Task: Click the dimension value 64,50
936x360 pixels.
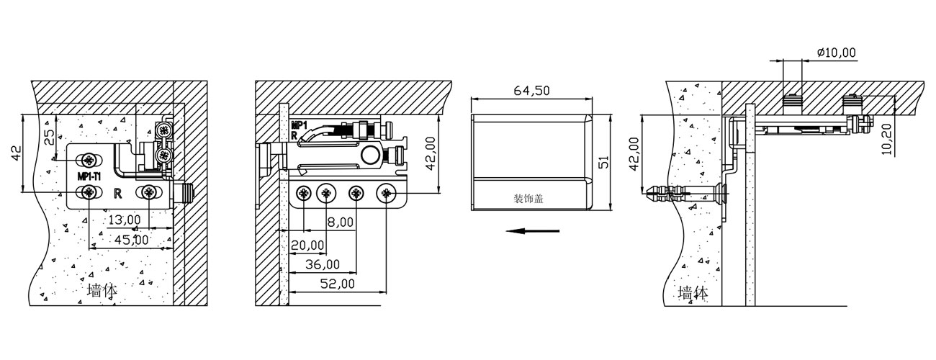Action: pos(531,91)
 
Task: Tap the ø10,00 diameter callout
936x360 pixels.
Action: pos(836,53)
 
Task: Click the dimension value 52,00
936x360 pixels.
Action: pos(337,284)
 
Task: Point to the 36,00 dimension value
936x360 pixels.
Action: pos(322,264)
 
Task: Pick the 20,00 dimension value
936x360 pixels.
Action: pos(307,245)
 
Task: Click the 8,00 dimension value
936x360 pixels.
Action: pos(341,222)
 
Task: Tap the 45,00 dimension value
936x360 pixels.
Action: pos(132,240)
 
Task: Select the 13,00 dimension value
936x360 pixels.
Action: pos(125,220)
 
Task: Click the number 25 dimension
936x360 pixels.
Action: pos(49,137)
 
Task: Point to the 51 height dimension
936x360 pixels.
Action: pos(603,161)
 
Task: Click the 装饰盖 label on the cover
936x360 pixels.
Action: pos(528,199)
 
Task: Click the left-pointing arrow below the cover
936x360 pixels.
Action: pos(532,231)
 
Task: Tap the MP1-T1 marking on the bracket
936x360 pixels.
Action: pos(89,176)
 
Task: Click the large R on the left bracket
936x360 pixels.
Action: pos(118,194)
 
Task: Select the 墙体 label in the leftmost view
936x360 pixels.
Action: pos(102,290)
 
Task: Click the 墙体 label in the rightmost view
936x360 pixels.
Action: pos(693,293)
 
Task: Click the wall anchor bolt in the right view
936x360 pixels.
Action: pos(685,194)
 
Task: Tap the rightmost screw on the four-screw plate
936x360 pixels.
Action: pos(386,194)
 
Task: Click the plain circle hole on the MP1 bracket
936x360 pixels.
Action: pos(369,155)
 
